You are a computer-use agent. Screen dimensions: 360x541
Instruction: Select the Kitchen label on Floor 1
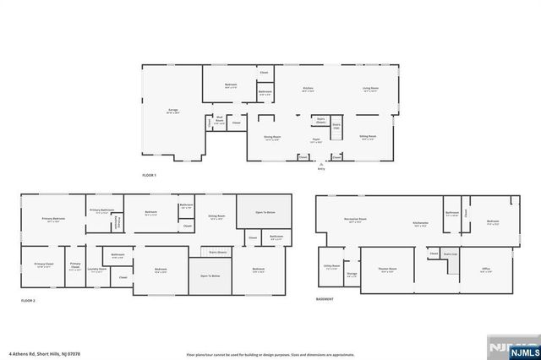coord(309,89)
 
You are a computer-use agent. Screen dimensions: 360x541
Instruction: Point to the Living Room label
coord(370,89)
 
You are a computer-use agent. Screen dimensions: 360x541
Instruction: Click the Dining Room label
coord(272,138)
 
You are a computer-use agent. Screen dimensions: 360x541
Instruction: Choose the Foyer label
coord(315,140)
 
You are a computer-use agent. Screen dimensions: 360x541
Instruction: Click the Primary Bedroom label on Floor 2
coord(53,220)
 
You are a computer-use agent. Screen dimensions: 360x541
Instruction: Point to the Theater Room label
coord(388,270)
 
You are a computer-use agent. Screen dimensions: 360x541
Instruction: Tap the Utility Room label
coord(331,266)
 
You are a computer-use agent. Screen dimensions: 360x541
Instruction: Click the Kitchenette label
coord(420,222)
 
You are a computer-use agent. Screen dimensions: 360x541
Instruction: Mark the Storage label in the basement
coord(352,274)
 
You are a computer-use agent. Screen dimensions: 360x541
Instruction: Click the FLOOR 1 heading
coord(150,175)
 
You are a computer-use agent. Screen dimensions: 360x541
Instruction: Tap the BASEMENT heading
coord(325,298)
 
